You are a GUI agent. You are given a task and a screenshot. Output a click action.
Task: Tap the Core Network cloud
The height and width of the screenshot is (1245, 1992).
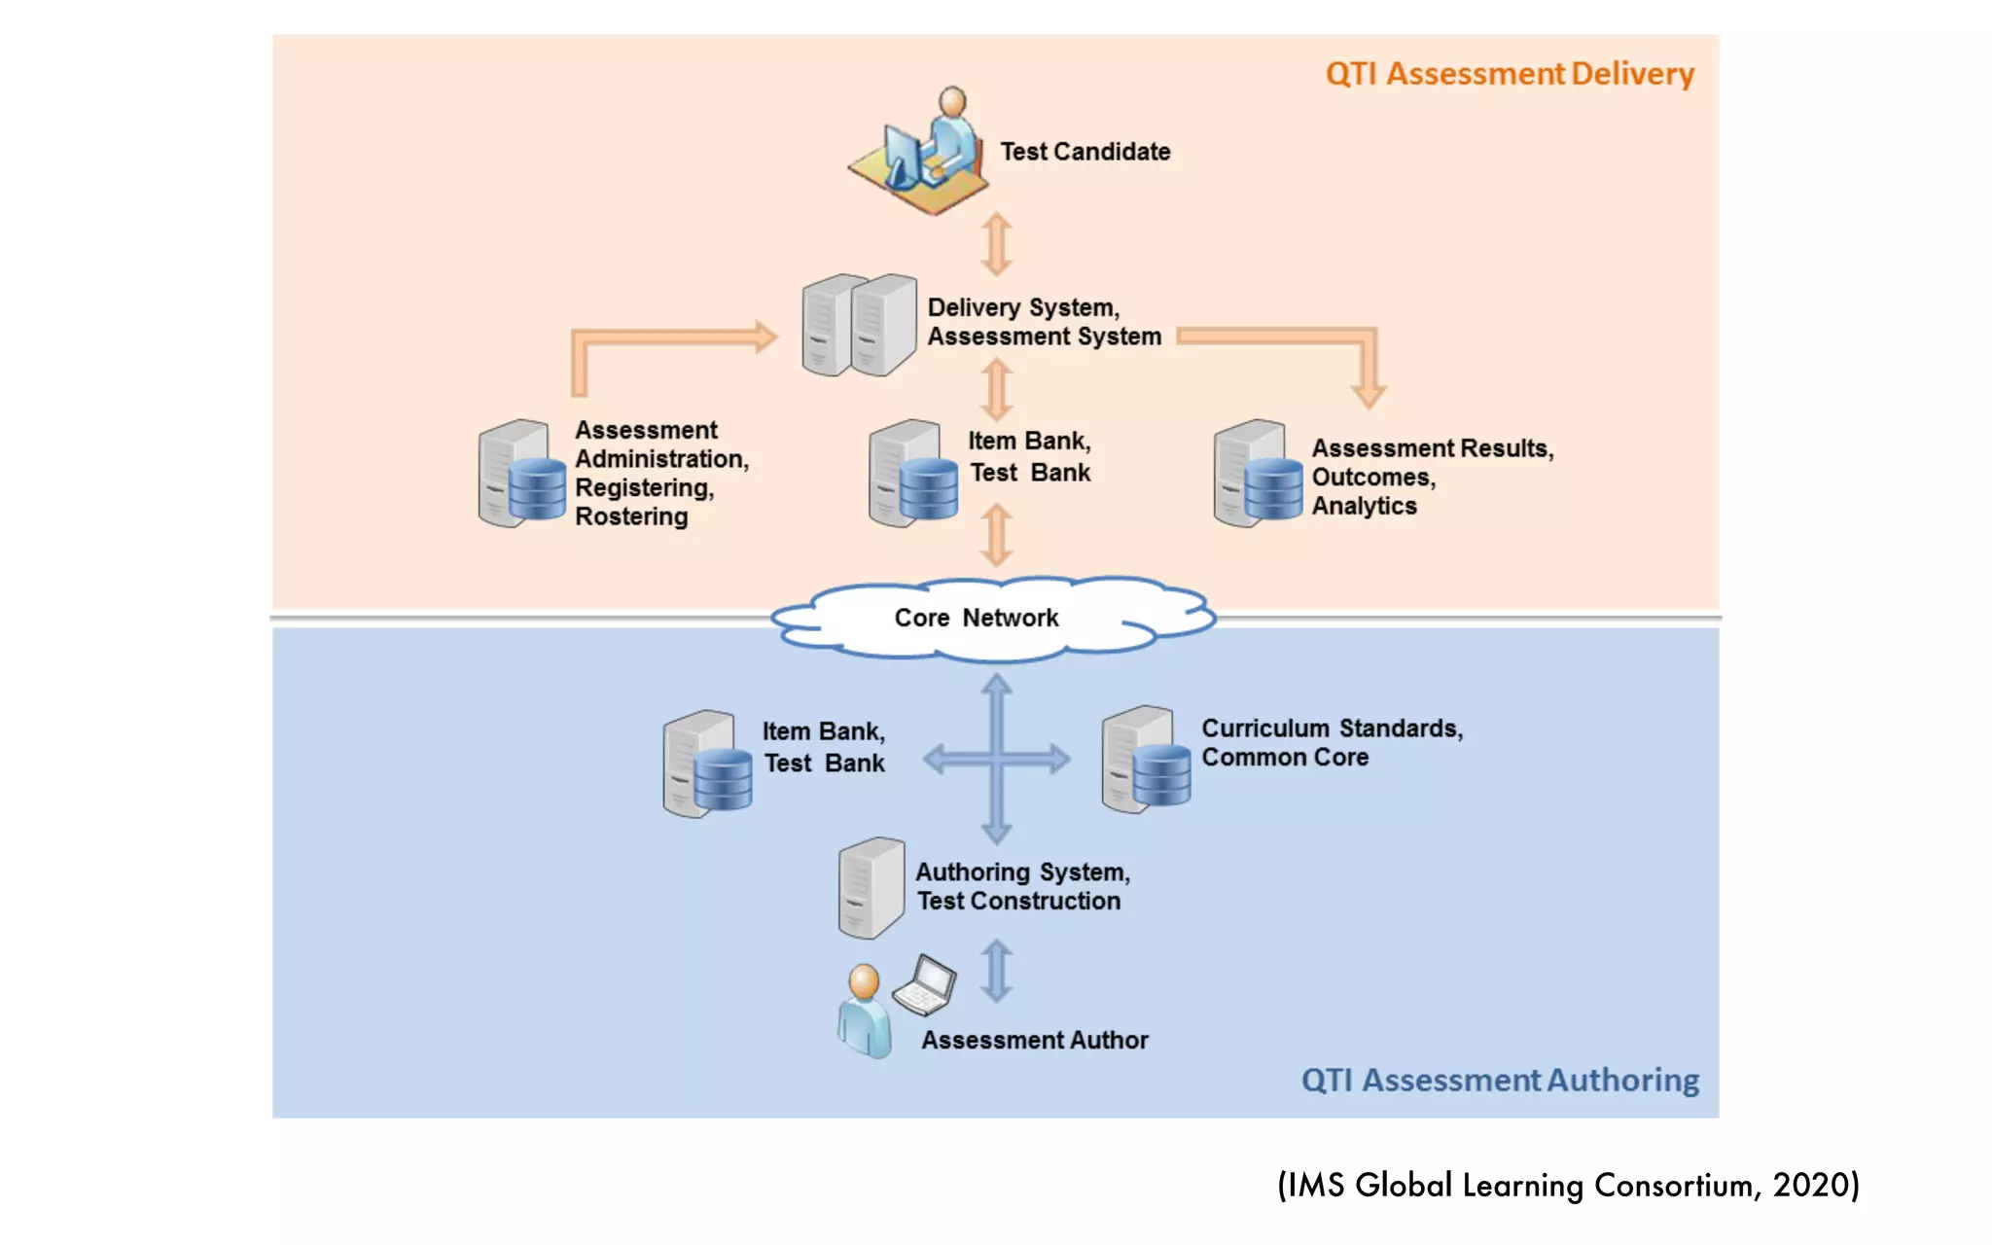992,619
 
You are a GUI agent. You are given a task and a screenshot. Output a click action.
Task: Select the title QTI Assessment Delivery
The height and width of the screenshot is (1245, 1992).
1510,74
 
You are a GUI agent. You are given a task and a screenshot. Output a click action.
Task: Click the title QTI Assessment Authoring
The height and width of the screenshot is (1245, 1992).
1500,1080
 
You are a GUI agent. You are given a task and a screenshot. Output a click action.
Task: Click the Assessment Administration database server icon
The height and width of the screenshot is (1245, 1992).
522,474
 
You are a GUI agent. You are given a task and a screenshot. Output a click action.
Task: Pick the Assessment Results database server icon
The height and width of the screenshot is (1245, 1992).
1258,474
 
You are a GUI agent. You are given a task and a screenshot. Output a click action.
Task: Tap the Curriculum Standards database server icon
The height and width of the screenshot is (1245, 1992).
1146,760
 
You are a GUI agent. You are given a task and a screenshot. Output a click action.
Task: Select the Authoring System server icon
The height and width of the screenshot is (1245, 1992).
871,887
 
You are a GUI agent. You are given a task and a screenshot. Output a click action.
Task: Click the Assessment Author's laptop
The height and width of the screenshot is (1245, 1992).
924,985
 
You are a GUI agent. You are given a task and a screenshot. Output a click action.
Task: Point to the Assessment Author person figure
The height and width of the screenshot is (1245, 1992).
864,1011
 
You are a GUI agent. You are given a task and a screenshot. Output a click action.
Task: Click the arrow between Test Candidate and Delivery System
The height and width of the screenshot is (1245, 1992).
996,244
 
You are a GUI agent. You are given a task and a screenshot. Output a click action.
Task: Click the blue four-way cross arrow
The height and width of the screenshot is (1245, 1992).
997,759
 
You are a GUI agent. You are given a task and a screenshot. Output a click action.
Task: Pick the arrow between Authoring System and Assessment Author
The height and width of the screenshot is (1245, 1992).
997,971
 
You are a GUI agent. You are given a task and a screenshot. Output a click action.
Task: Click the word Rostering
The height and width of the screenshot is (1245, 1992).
631,516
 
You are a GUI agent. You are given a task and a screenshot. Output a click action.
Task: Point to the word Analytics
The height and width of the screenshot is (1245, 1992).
1364,506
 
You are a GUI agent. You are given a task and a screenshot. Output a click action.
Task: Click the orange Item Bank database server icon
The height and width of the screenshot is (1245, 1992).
913,474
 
